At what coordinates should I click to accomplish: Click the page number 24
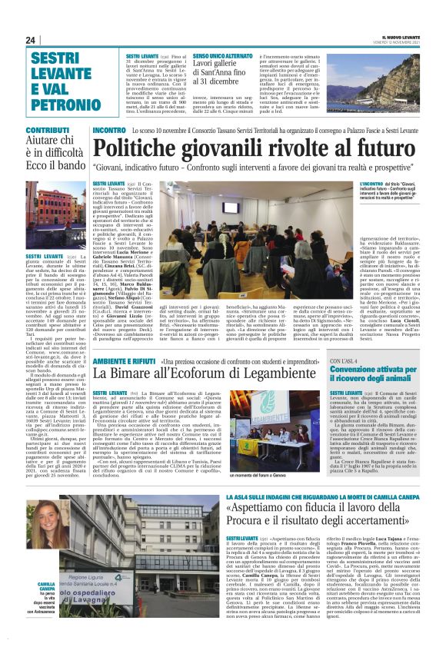coord(31,40)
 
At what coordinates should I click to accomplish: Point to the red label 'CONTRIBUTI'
coord(49,131)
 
